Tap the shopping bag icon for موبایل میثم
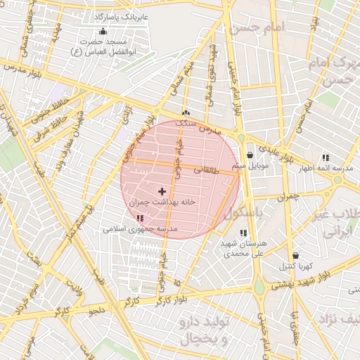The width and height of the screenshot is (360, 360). tap(250, 155)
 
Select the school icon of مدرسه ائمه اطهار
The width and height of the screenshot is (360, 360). tap(325, 157)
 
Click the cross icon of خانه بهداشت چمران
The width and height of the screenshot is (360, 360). tap(162, 191)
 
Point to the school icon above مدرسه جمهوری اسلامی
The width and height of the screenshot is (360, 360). tap(139, 219)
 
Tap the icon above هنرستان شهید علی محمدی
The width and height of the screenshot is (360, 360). tap(243, 233)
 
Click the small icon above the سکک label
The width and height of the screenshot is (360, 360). tap(186, 113)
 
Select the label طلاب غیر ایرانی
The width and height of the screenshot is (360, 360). tap(336, 221)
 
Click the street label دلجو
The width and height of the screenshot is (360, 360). tap(97, 309)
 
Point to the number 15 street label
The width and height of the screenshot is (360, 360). tap(176, 282)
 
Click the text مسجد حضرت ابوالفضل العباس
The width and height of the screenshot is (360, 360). tap(105, 46)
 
